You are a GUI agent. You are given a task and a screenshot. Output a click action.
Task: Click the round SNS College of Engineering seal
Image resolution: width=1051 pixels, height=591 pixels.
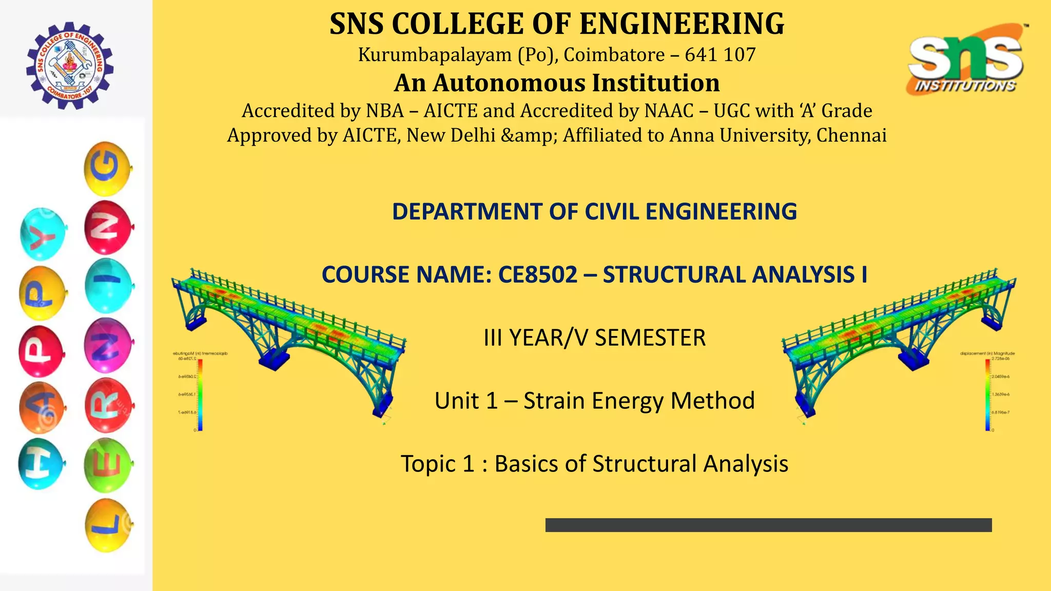(x=70, y=66)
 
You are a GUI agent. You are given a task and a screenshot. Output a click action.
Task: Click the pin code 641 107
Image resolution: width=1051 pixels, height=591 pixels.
(x=720, y=54)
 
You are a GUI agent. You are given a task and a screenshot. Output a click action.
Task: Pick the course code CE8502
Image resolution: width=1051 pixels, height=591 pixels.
(x=538, y=275)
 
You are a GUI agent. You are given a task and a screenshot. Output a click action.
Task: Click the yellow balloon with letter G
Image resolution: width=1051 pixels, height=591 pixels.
(x=107, y=169)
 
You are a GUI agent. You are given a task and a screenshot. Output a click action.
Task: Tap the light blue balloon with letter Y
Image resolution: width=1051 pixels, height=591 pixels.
(x=44, y=234)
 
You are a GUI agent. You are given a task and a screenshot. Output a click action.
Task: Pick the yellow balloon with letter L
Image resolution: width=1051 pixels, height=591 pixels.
(x=108, y=525)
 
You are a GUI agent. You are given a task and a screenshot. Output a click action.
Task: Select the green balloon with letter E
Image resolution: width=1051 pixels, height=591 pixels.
(x=108, y=465)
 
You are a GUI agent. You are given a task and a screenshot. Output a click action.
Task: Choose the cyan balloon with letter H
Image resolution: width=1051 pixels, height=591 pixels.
(x=41, y=464)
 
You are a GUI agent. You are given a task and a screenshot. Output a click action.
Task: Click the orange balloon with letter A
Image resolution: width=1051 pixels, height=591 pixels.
(x=42, y=407)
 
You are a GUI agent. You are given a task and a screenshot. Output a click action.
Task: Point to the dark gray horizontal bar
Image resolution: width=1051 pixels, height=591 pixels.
(x=768, y=525)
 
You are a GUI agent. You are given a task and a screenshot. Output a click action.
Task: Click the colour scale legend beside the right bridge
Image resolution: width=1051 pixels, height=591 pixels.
(x=987, y=394)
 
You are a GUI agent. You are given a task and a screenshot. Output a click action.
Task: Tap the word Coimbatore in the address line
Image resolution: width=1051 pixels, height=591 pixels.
(x=614, y=54)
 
